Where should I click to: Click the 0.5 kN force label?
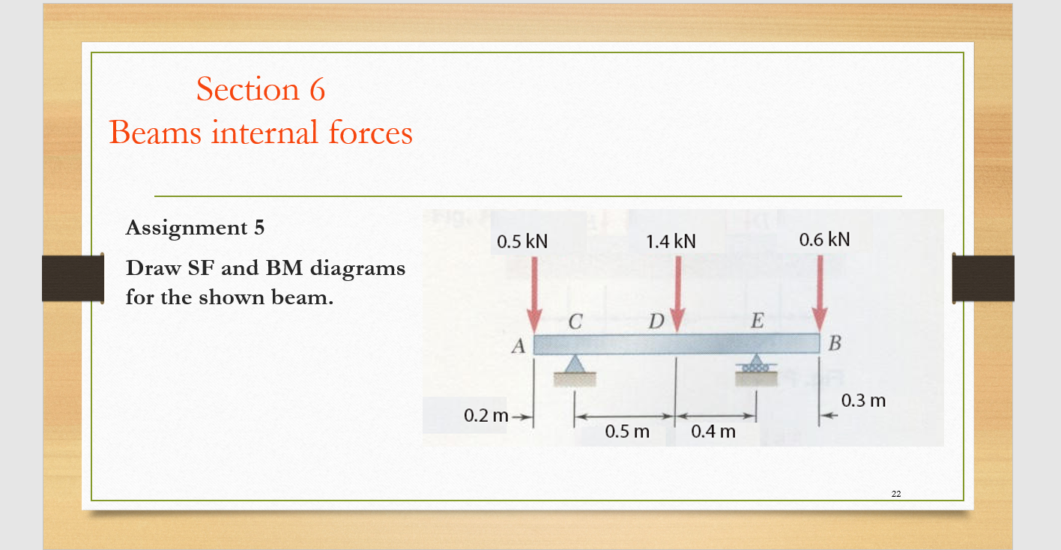tap(522, 242)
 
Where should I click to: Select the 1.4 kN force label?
tap(671, 241)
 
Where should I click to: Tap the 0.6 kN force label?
tap(824, 240)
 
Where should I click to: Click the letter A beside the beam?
tap(517, 347)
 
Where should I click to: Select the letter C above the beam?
tap(575, 323)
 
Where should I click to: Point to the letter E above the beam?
tap(757, 323)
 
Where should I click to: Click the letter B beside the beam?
tap(836, 345)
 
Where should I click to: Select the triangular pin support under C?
tap(575, 365)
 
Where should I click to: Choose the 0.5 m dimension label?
tap(627, 432)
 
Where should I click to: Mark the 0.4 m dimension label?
tap(713, 432)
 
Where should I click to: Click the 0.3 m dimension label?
tap(863, 401)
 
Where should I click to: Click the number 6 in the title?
tap(316, 90)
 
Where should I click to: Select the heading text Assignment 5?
tap(195, 228)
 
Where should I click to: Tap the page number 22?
tap(896, 493)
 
